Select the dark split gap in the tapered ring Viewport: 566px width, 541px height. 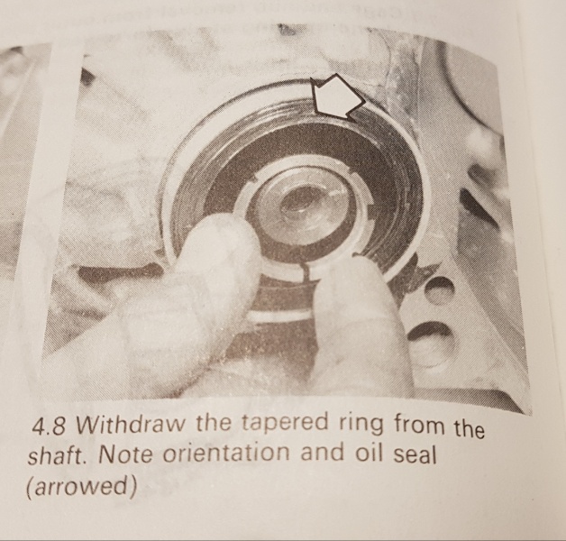click(306, 272)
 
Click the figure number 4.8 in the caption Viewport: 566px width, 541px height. click(49, 427)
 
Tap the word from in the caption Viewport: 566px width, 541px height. click(419, 426)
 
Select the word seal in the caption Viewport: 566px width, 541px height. click(415, 454)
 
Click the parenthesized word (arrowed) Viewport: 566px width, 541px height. click(82, 487)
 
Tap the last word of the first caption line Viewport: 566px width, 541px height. click(469, 428)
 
